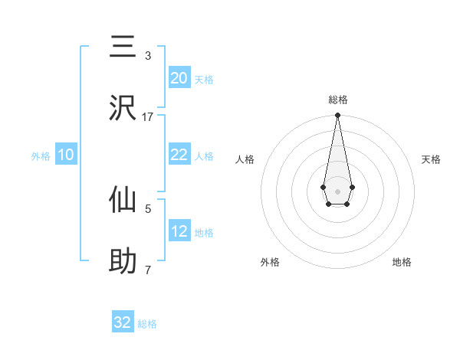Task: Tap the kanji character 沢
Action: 123,108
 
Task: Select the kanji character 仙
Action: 123,201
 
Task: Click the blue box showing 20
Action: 179,77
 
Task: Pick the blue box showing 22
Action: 179,155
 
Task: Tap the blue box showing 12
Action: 179,231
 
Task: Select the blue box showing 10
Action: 66,155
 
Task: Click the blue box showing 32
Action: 123,322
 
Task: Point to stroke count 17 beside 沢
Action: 148,116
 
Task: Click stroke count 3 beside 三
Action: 148,56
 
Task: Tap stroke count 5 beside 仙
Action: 148,208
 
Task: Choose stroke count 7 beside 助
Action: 148,270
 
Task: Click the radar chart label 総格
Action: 337,100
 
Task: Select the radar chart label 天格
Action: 431,159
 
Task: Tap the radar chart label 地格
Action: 402,262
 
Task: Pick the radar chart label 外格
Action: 270,262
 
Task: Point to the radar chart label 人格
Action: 245,159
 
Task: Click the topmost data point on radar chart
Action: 337,116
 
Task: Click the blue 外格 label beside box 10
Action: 41,155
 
